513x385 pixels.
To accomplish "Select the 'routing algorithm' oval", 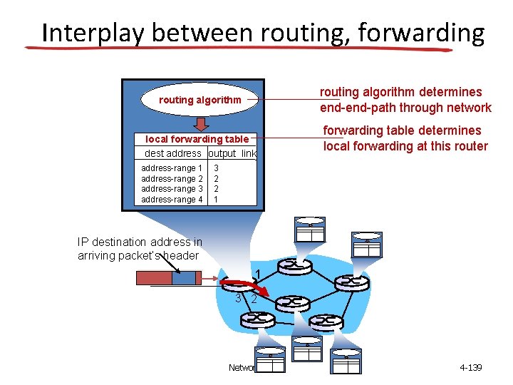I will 199,100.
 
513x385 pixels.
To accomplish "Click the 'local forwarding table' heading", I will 197,139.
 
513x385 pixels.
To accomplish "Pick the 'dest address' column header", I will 173,153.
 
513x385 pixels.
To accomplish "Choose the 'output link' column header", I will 232,153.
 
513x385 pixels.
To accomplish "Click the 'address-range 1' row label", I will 172,168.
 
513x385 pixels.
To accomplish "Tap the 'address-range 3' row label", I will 172,189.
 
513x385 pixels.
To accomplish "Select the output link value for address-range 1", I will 216,168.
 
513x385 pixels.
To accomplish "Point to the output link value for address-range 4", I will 216,200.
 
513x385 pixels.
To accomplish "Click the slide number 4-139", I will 471,368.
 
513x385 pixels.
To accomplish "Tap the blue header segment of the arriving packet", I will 183,277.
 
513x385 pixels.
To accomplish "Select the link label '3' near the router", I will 239,298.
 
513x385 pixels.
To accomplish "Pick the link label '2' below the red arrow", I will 253,300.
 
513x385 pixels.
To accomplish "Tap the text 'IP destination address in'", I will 140,242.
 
